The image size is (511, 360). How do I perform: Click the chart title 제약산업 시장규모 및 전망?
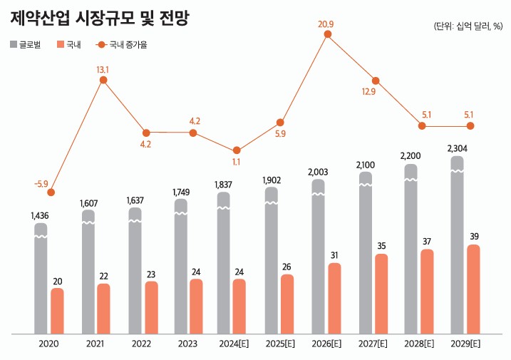100,18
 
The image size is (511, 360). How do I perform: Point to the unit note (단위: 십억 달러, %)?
468,26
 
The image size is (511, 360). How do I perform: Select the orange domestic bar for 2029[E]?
473,289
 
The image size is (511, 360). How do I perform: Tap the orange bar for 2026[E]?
334,298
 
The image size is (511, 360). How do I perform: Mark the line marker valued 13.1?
103,80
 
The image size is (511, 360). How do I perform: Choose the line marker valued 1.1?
236,150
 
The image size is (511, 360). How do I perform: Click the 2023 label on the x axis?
188,344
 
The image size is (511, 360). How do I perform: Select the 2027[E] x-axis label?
373,344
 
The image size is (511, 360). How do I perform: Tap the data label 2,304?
458,148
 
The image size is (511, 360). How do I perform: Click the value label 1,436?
40,215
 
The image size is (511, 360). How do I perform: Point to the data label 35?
381,247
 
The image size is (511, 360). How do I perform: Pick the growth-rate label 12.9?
369,92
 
